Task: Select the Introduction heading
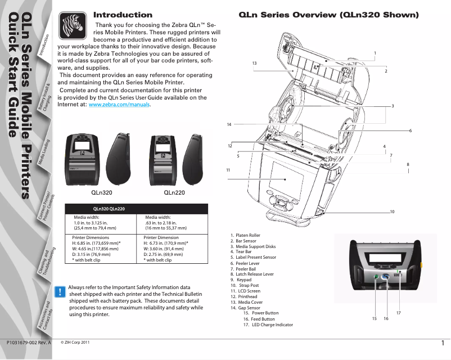[x=123, y=15]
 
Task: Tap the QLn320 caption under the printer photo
[x=102, y=192]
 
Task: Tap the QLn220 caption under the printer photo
[x=174, y=192]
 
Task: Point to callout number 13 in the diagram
[x=254, y=62]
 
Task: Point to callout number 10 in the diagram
[x=392, y=211]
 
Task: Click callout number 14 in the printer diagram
[x=229, y=124]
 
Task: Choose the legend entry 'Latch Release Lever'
[x=255, y=274]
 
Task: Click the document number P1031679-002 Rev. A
[x=29, y=342]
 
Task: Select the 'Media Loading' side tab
[x=46, y=152]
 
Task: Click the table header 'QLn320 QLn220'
[x=109, y=209]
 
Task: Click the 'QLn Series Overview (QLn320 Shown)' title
[x=329, y=15]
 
